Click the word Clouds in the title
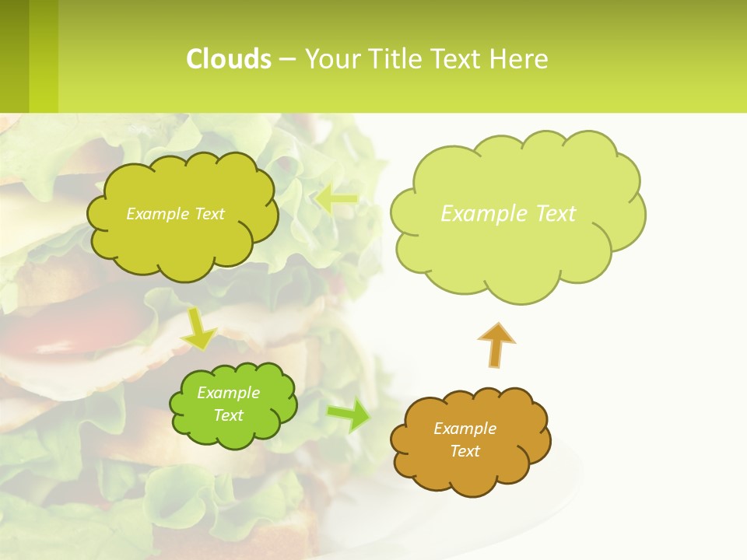point(228,59)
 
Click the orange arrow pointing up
point(496,345)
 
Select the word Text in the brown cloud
point(465,451)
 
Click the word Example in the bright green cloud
point(229,393)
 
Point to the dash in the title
point(287,60)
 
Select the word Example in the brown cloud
point(465,429)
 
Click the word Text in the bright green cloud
point(229,415)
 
